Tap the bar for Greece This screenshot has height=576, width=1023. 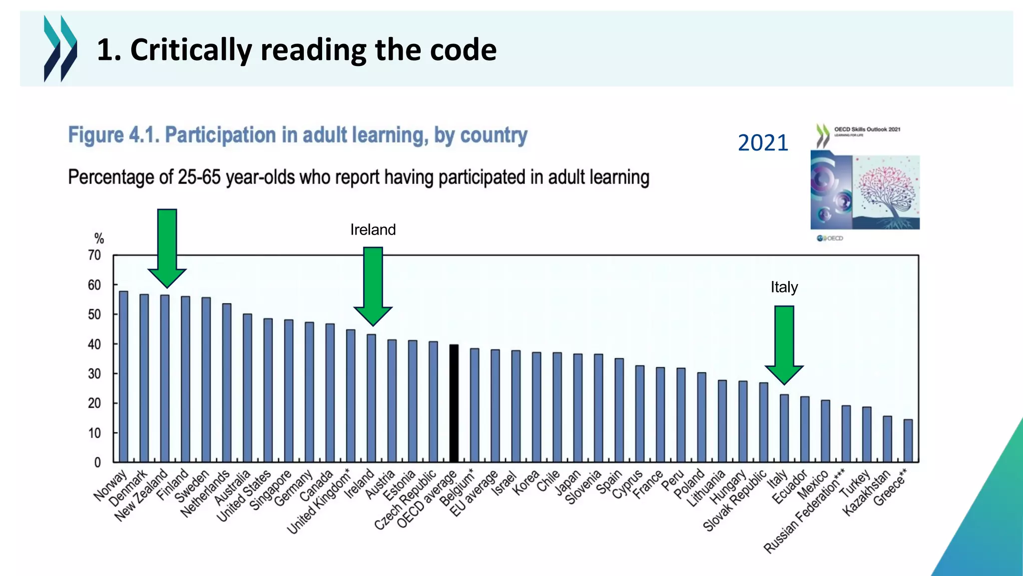point(908,440)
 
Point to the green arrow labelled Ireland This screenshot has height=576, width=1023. point(373,285)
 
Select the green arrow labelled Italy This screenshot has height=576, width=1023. point(784,344)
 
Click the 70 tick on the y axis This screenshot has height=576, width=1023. point(94,255)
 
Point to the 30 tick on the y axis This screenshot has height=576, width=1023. point(94,374)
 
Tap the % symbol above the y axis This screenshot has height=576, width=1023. point(99,238)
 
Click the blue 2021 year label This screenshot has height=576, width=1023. point(763,143)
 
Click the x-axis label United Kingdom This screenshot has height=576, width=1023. point(319,502)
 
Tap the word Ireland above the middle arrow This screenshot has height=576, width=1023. point(373,229)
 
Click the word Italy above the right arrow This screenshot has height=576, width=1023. point(784,287)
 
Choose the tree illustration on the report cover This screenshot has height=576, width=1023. point(886,193)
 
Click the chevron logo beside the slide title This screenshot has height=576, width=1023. point(60,48)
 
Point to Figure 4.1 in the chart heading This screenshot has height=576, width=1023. point(113,135)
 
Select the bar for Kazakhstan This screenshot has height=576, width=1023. point(887,438)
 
